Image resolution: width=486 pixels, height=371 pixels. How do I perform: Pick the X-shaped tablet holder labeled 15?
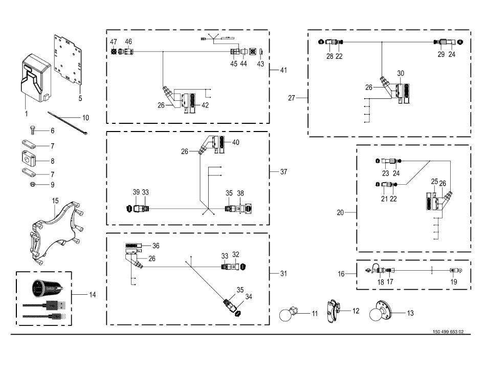pyautogui.click(x=53, y=230)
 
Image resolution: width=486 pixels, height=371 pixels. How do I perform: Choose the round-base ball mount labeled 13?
pyautogui.click(x=382, y=310)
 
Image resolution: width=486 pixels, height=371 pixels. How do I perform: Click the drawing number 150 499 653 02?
pyautogui.click(x=447, y=331)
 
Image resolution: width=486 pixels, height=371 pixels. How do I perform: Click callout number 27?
pyautogui.click(x=292, y=97)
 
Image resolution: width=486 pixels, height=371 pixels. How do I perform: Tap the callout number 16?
pyautogui.click(x=341, y=274)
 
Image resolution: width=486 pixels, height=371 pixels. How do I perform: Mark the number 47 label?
pyautogui.click(x=114, y=41)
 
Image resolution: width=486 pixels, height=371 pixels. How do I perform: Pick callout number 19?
pyautogui.click(x=453, y=281)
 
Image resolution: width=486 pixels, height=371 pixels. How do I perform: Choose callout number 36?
pyautogui.click(x=156, y=245)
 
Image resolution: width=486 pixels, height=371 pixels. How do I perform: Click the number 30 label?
pyautogui.click(x=400, y=73)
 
